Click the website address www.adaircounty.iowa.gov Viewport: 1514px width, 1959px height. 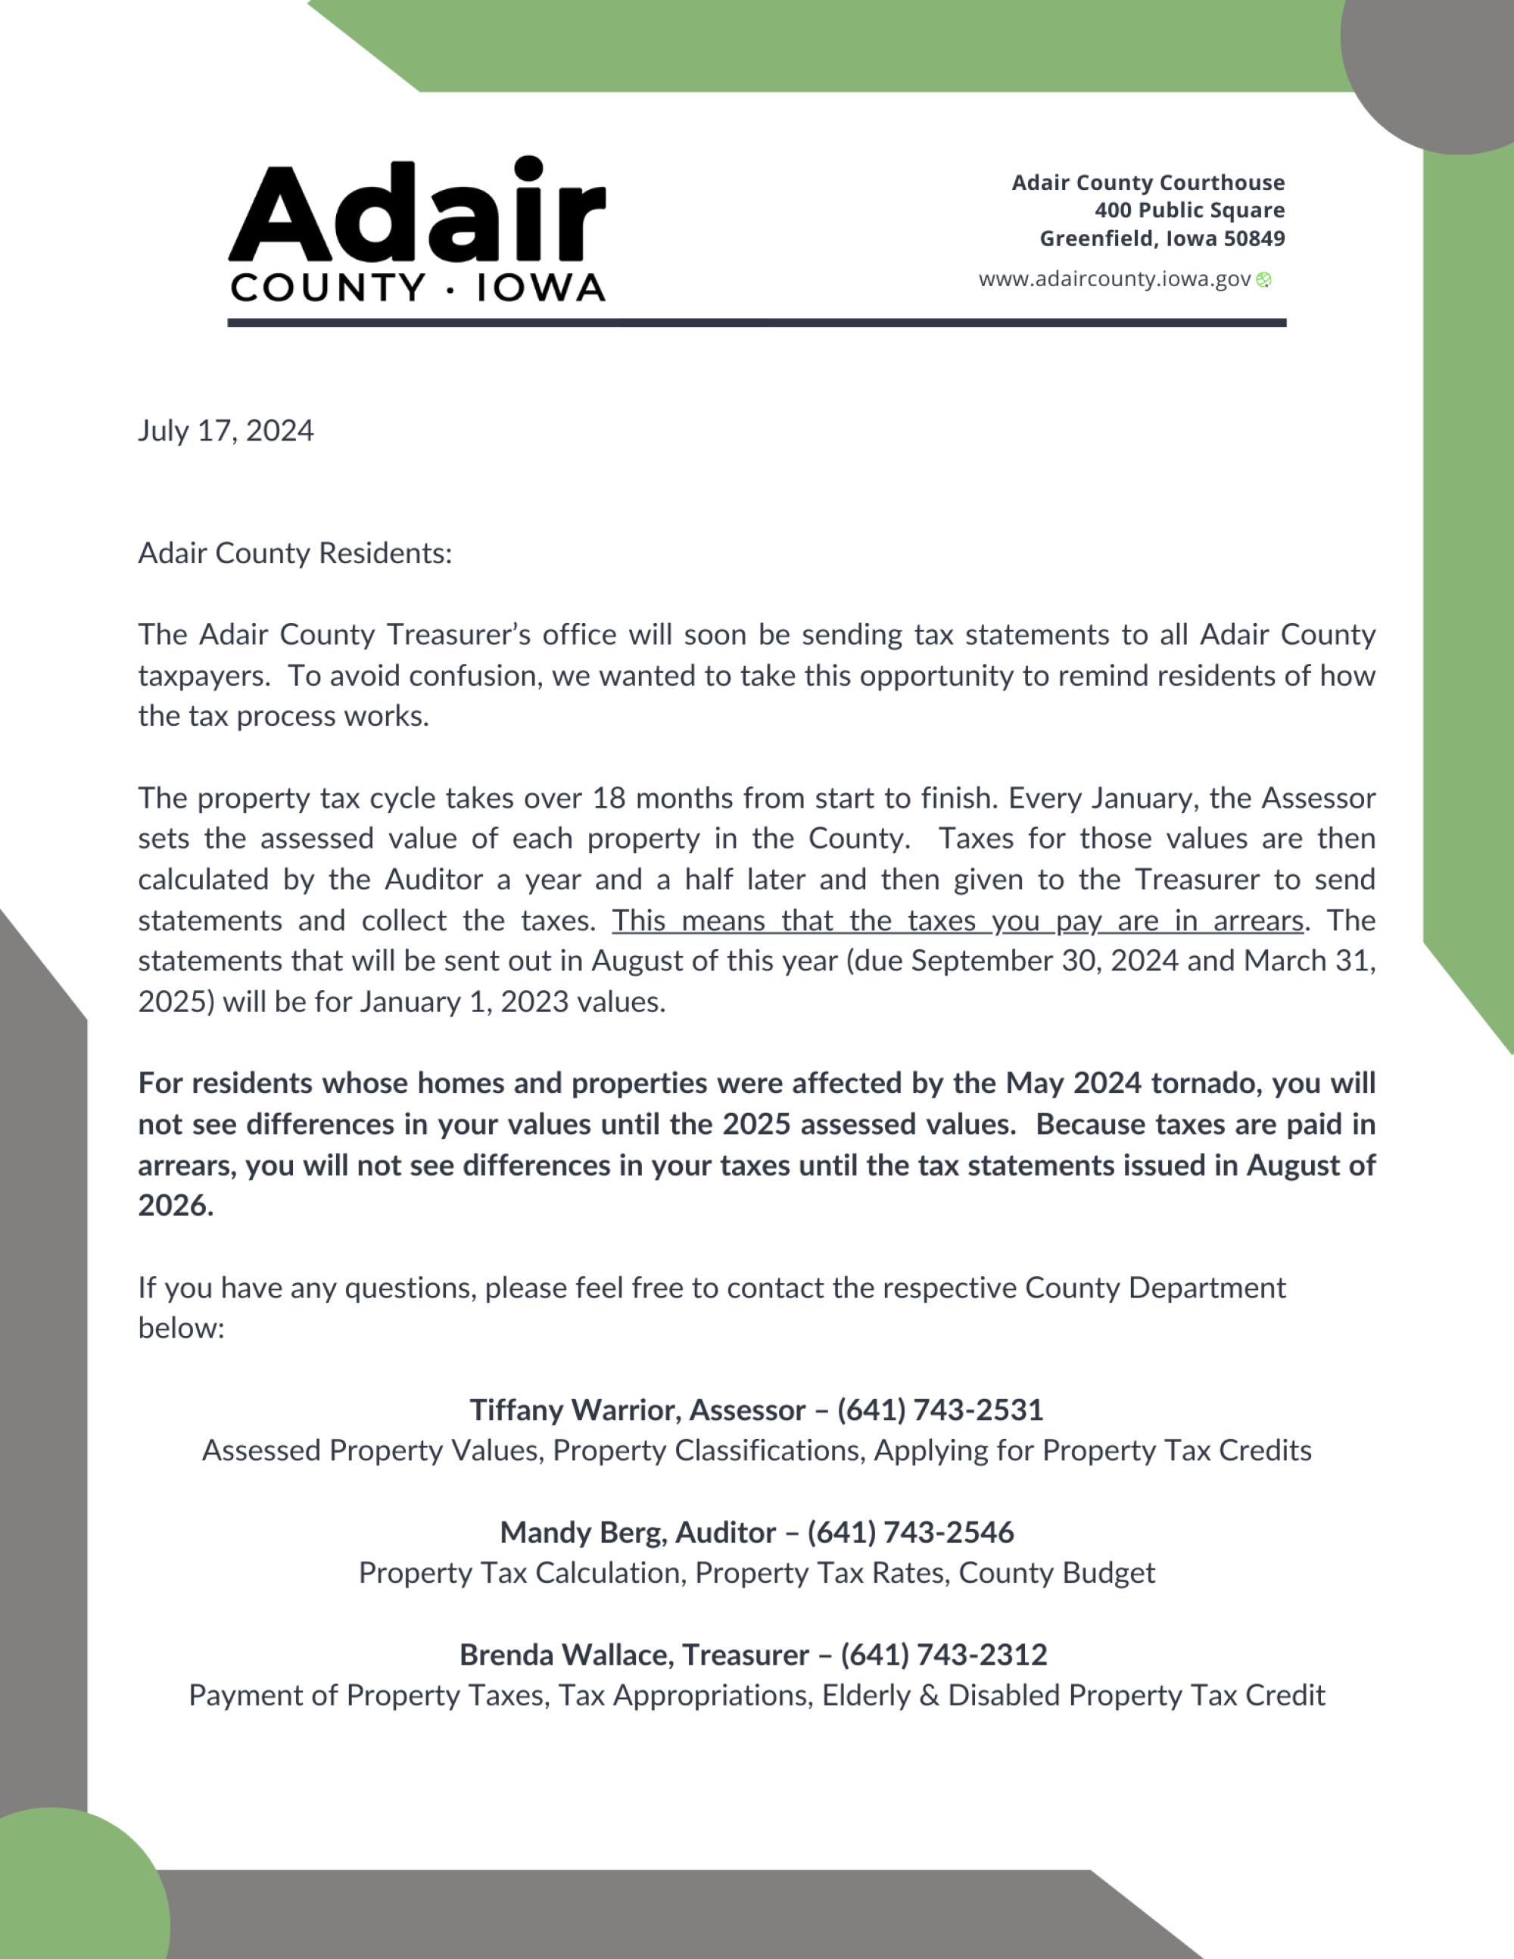click(x=1114, y=279)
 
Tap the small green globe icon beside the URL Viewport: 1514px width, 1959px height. click(x=1263, y=280)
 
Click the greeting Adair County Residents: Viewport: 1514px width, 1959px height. click(x=295, y=553)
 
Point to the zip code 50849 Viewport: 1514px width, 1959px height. click(x=1255, y=238)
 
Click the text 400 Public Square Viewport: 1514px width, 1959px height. click(x=1189, y=210)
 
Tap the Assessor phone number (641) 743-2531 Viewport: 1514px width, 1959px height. click(x=940, y=1410)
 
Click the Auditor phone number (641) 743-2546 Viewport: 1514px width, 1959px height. click(x=911, y=1532)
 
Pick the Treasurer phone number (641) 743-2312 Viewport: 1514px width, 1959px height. click(x=943, y=1655)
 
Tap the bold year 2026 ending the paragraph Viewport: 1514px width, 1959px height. click(x=175, y=1206)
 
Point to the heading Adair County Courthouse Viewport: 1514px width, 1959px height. click(x=1148, y=183)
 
